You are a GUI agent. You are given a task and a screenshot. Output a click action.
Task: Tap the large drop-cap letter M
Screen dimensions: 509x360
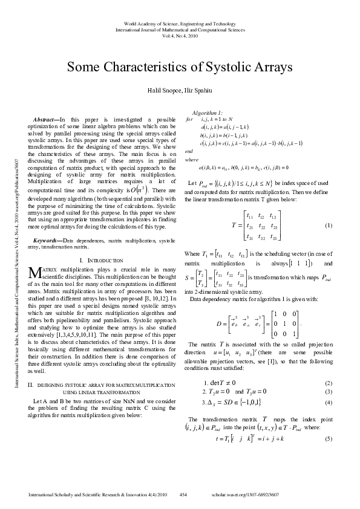click(35, 291)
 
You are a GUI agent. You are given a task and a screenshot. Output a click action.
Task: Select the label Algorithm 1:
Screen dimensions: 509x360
click(207, 113)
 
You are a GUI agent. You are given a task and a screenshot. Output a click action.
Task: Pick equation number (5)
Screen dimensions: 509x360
click(329, 455)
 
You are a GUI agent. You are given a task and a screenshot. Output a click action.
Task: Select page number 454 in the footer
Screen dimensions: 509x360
click(183, 495)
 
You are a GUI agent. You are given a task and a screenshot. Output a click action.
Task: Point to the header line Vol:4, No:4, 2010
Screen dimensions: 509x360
click(180, 36)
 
